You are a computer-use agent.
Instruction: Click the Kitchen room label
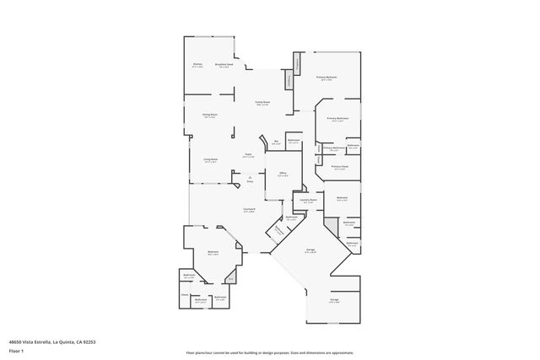pyautogui.click(x=197, y=65)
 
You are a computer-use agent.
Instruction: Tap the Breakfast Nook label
pyautogui.click(x=224, y=65)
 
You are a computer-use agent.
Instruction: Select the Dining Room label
pyautogui.click(x=209, y=116)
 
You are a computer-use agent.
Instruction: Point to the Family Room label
pyautogui.click(x=262, y=103)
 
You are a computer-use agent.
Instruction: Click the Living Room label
pyautogui.click(x=210, y=159)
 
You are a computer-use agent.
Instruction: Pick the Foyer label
pyautogui.click(x=248, y=155)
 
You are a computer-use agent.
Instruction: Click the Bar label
pyautogui.click(x=275, y=142)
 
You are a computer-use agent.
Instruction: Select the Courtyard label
pyautogui.click(x=250, y=211)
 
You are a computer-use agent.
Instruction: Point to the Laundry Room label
pyautogui.click(x=307, y=201)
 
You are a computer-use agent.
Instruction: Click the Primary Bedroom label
pyautogui.click(x=327, y=78)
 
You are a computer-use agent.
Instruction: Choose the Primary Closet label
pyautogui.click(x=340, y=168)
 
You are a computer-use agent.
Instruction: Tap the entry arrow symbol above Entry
pyautogui.click(x=250, y=176)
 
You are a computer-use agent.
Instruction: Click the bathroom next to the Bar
pyautogui.click(x=293, y=142)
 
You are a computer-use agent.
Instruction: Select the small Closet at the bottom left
pyautogui.click(x=184, y=295)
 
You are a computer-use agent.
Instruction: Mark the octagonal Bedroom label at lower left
pyautogui.click(x=213, y=252)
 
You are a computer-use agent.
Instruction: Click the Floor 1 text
pyautogui.click(x=17, y=350)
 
